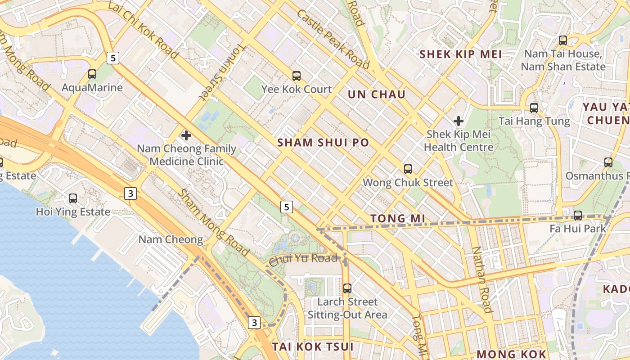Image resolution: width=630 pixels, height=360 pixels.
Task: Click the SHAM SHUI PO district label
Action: [x=323, y=143]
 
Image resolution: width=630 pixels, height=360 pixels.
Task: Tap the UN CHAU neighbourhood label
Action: [x=377, y=94]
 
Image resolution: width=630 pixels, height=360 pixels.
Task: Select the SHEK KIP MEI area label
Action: [x=460, y=54]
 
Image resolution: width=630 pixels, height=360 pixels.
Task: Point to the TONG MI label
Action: [x=398, y=218]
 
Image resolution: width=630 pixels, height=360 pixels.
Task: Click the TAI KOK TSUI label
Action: [x=313, y=346]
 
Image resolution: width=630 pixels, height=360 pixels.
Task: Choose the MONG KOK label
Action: [x=511, y=354]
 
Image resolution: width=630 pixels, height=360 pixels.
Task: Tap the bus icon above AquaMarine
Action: [x=92, y=75]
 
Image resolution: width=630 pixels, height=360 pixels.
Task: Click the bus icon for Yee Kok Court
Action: [x=297, y=76]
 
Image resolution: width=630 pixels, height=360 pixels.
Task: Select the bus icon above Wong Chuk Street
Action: [x=408, y=169]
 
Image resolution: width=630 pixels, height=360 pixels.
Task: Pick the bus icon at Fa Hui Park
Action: [x=578, y=216]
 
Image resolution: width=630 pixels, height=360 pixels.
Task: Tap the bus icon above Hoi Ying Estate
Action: [x=73, y=198]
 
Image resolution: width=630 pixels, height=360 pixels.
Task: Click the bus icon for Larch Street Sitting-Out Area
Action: [x=347, y=288]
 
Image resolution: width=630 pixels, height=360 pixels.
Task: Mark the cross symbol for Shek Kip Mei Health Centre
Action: [x=459, y=121]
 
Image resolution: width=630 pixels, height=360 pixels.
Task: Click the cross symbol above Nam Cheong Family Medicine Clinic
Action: [x=186, y=135]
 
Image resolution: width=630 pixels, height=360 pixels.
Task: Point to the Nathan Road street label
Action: [x=482, y=279]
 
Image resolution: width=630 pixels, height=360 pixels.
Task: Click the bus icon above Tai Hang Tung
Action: [x=534, y=108]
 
